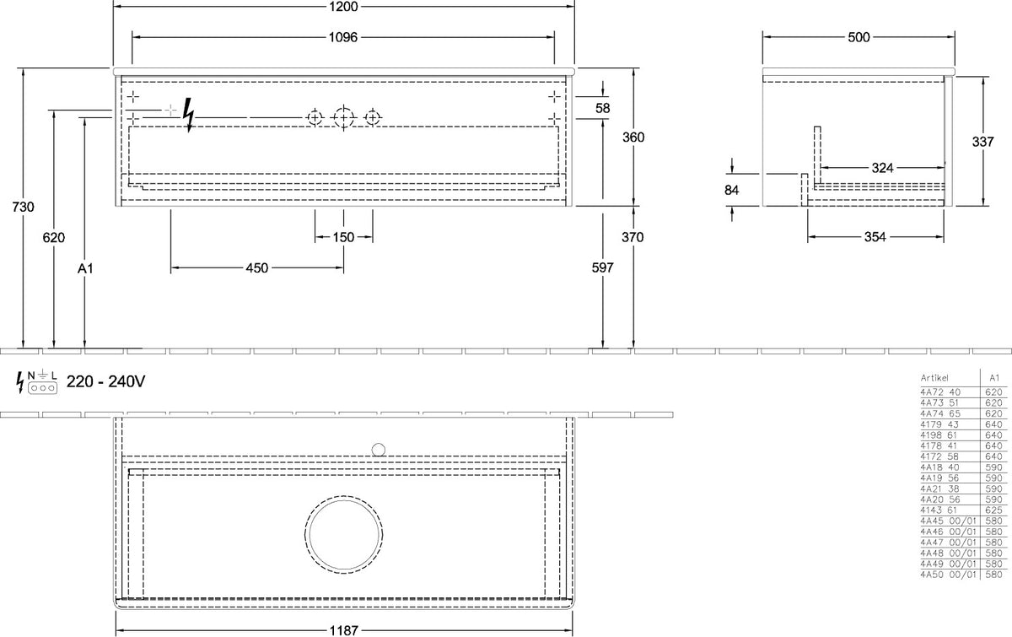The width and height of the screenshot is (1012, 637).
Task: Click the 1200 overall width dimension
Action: tap(343, 7)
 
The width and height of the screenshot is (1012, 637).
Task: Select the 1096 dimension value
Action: tap(343, 37)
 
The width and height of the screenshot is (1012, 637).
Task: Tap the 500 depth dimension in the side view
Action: tap(859, 37)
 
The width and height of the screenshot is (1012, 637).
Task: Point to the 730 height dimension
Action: tap(23, 207)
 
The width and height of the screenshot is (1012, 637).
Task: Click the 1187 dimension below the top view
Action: tap(343, 630)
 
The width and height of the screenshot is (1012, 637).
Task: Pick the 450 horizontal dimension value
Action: tap(257, 268)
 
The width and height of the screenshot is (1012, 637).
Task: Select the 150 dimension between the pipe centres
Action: tap(343, 237)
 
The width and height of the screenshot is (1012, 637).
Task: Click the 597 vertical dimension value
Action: tap(603, 267)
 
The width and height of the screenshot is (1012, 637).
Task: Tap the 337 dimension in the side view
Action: tap(982, 142)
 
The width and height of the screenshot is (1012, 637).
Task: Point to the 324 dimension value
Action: tap(882, 168)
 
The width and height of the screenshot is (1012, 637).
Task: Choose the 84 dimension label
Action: tap(731, 191)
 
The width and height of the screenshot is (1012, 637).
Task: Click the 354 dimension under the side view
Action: tap(875, 237)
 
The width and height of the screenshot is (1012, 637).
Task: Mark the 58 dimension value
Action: tap(603, 108)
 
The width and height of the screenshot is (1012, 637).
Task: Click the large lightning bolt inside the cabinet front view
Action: tap(188, 116)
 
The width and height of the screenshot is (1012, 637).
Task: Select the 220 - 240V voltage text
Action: tap(105, 382)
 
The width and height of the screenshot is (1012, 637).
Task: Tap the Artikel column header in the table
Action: tap(934, 378)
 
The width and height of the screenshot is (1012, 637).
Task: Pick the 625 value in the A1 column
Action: tap(994, 510)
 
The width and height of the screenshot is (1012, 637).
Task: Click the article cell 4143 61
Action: tap(939, 510)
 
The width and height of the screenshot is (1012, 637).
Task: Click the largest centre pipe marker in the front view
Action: tap(343, 118)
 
